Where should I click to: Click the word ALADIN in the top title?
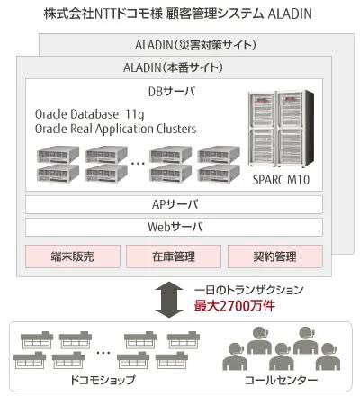tap(290, 13)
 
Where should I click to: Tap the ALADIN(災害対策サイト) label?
tap(195, 45)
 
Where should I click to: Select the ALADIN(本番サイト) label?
tap(173, 67)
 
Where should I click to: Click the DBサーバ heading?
tap(172, 91)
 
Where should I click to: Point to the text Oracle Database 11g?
tap(89, 114)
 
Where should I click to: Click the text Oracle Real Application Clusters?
tap(115, 129)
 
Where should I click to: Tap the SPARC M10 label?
tap(281, 180)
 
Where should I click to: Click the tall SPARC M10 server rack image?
tap(281, 129)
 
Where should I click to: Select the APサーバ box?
tap(174, 204)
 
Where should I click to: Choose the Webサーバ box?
tap(174, 227)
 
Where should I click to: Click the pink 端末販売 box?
tap(73, 256)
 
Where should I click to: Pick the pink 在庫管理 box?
tap(174, 256)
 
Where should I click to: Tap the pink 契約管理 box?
tap(275, 256)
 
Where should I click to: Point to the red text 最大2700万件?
tap(234, 306)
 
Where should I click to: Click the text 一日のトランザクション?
tap(248, 290)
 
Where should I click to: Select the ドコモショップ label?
tap(103, 380)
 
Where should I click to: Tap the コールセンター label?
tap(281, 380)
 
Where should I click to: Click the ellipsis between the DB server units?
tap(138, 164)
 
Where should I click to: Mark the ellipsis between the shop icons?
tap(103, 353)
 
